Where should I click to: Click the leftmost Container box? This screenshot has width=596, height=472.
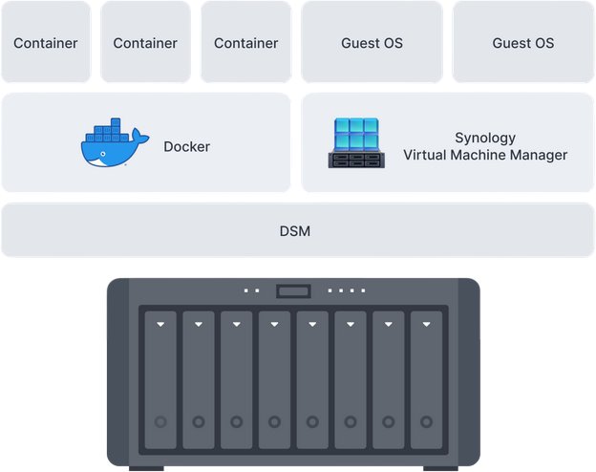click(46, 42)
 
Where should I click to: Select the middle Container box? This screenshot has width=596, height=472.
click(145, 42)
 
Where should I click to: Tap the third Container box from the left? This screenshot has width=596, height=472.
click(245, 42)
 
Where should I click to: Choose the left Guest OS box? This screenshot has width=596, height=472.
click(372, 42)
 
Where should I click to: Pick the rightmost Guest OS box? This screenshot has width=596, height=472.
click(522, 42)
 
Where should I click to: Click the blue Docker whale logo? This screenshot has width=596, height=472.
click(114, 144)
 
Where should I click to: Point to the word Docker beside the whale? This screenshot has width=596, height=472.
click(186, 146)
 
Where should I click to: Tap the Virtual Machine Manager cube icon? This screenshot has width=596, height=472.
click(357, 143)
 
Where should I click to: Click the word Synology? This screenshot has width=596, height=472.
click(485, 138)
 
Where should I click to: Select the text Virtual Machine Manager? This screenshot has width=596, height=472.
click(485, 155)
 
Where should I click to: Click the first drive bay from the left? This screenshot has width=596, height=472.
click(160, 379)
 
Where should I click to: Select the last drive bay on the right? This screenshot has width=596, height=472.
click(426, 379)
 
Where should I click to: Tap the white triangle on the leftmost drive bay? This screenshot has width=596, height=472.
click(160, 325)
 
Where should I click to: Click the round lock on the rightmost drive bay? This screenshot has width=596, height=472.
click(426, 421)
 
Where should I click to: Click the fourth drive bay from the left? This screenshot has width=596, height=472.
click(274, 379)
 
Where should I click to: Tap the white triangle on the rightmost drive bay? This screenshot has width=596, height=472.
click(426, 325)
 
